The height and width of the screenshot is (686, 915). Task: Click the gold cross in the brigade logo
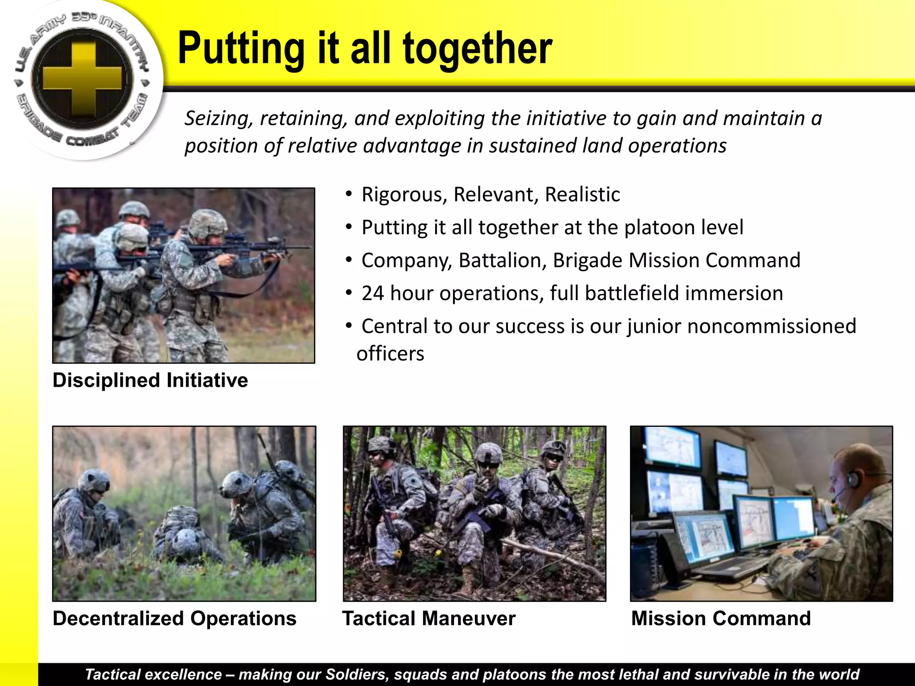(x=83, y=79)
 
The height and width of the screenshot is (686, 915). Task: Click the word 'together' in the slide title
(x=478, y=49)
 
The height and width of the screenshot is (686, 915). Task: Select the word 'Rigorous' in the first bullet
(x=404, y=195)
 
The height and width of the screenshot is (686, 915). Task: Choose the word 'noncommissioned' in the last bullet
(x=772, y=326)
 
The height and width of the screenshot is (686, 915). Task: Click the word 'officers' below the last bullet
(x=390, y=354)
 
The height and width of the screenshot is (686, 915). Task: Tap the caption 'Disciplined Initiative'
(x=150, y=381)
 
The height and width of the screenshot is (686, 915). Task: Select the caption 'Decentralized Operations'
(x=174, y=619)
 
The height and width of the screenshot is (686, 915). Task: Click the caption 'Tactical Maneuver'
(x=429, y=619)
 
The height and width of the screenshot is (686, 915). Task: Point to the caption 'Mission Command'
(x=721, y=619)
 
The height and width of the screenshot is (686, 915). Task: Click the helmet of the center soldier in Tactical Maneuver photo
(x=488, y=453)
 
